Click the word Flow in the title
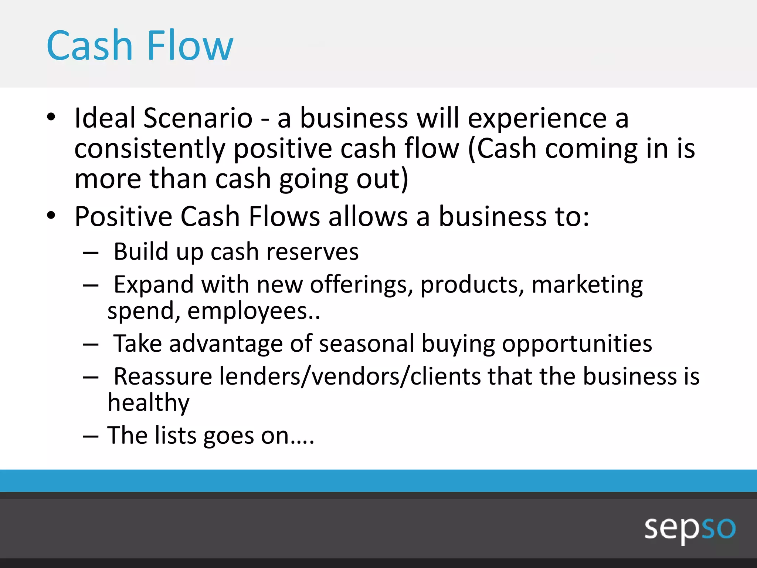(190, 46)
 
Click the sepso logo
(690, 528)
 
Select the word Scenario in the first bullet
(198, 118)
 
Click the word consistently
(150, 149)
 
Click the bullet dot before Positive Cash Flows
(51, 216)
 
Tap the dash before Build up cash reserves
(91, 253)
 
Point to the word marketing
(587, 285)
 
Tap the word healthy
(149, 403)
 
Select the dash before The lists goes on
(91, 436)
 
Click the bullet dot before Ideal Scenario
(51, 118)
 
